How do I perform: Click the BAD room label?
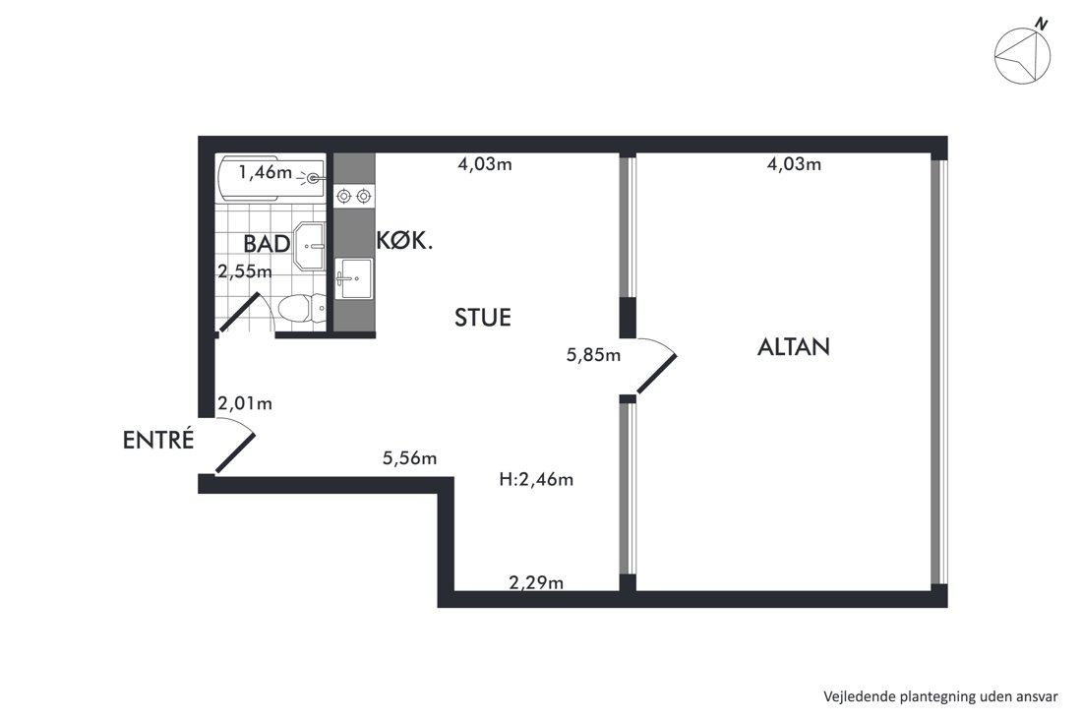(267, 244)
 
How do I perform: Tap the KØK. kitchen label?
(404, 240)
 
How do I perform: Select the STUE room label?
(483, 318)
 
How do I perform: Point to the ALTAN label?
(794, 346)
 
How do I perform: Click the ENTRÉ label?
(158, 440)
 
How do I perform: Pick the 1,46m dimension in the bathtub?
(265, 172)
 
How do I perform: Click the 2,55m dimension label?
(245, 271)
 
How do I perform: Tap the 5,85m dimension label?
(593, 355)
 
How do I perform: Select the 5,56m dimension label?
(410, 458)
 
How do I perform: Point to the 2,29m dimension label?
(536, 583)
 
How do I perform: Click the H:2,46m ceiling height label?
(536, 479)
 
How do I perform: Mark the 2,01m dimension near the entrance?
(245, 403)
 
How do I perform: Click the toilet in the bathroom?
(300, 310)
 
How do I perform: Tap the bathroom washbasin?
(310, 245)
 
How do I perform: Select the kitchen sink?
(353, 278)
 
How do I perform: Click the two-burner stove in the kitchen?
(353, 197)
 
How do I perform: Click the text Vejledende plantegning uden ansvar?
(940, 696)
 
